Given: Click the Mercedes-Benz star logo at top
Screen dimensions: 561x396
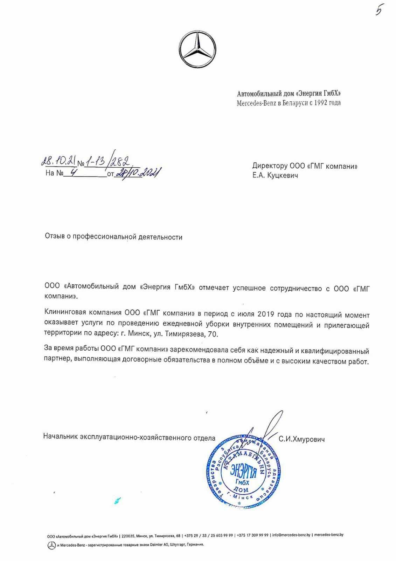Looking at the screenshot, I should pyautogui.click(x=198, y=49).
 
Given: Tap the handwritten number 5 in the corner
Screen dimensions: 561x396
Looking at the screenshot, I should pyautogui.click(x=379, y=11).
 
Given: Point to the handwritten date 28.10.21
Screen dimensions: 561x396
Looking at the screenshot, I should pyautogui.click(x=58, y=161).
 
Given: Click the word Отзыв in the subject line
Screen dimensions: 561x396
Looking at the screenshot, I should pyautogui.click(x=55, y=237).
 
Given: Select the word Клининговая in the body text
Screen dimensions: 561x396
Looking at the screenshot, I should pyautogui.click(x=64, y=312).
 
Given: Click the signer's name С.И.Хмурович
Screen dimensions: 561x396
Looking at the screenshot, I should pyautogui.click(x=301, y=439).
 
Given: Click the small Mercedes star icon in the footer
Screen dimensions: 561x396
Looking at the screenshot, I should pyautogui.click(x=51, y=545).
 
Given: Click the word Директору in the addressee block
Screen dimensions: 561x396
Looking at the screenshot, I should pyautogui.click(x=269, y=166).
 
